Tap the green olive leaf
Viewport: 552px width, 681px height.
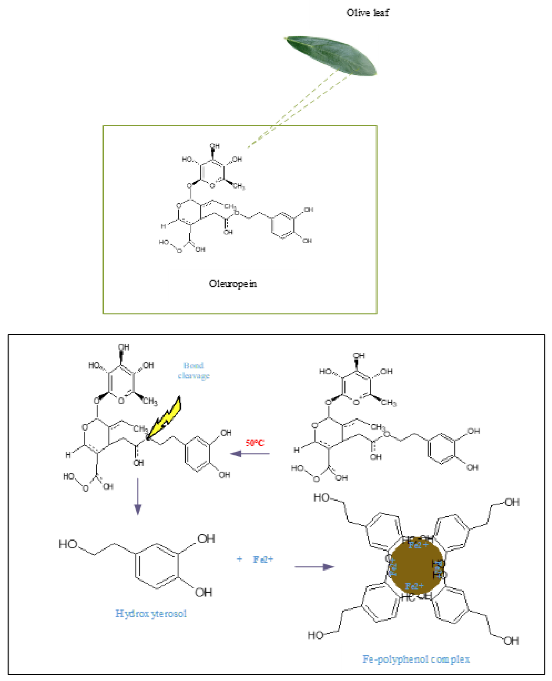coord(331,56)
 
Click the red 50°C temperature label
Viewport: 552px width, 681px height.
coord(255,442)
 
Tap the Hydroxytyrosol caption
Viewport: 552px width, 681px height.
coord(151,613)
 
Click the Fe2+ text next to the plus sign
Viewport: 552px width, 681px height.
coord(263,559)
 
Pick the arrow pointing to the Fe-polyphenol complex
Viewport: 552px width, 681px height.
coord(314,567)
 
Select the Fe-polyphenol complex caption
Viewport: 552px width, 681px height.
coord(416,659)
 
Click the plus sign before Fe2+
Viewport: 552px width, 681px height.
coord(239,559)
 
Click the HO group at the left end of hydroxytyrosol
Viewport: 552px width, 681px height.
coord(68,544)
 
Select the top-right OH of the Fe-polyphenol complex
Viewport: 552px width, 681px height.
coord(512,502)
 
